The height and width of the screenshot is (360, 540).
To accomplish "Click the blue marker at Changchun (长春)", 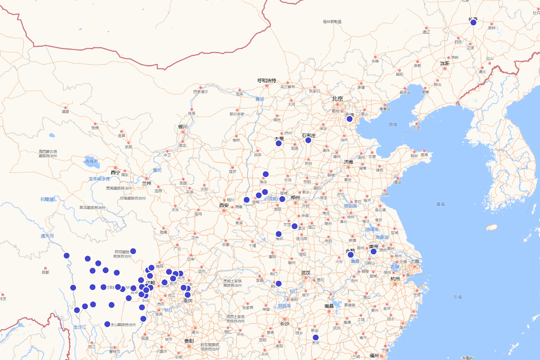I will click(x=473, y=22).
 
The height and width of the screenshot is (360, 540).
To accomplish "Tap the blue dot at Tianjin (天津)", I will click(x=349, y=119).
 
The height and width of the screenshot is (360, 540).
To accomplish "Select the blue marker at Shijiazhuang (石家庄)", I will click(x=308, y=140).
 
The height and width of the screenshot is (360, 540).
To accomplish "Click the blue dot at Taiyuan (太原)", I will click(x=279, y=144).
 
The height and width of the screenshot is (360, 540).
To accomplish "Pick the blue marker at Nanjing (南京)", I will click(x=373, y=252).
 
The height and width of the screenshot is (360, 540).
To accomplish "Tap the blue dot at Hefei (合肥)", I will click(x=351, y=255).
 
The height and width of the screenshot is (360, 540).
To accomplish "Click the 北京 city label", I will click(x=337, y=99).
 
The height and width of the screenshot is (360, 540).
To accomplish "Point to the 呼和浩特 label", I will click(x=266, y=81).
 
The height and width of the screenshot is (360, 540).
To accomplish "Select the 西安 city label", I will click(x=224, y=205).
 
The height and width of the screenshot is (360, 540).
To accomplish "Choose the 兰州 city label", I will click(x=147, y=183).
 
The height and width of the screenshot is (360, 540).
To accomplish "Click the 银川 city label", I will click(x=182, y=126).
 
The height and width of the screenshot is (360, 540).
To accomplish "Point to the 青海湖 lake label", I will click(x=91, y=161).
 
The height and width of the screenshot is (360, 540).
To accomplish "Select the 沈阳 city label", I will click(x=445, y=63).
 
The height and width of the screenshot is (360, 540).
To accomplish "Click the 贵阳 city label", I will click(x=189, y=341).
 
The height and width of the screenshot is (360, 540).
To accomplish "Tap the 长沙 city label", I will click(x=285, y=324).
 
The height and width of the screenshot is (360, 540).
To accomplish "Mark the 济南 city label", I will click(x=348, y=162).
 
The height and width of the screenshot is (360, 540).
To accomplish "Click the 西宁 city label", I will click(x=115, y=172).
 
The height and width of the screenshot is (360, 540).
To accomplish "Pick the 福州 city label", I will click(x=374, y=355).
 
